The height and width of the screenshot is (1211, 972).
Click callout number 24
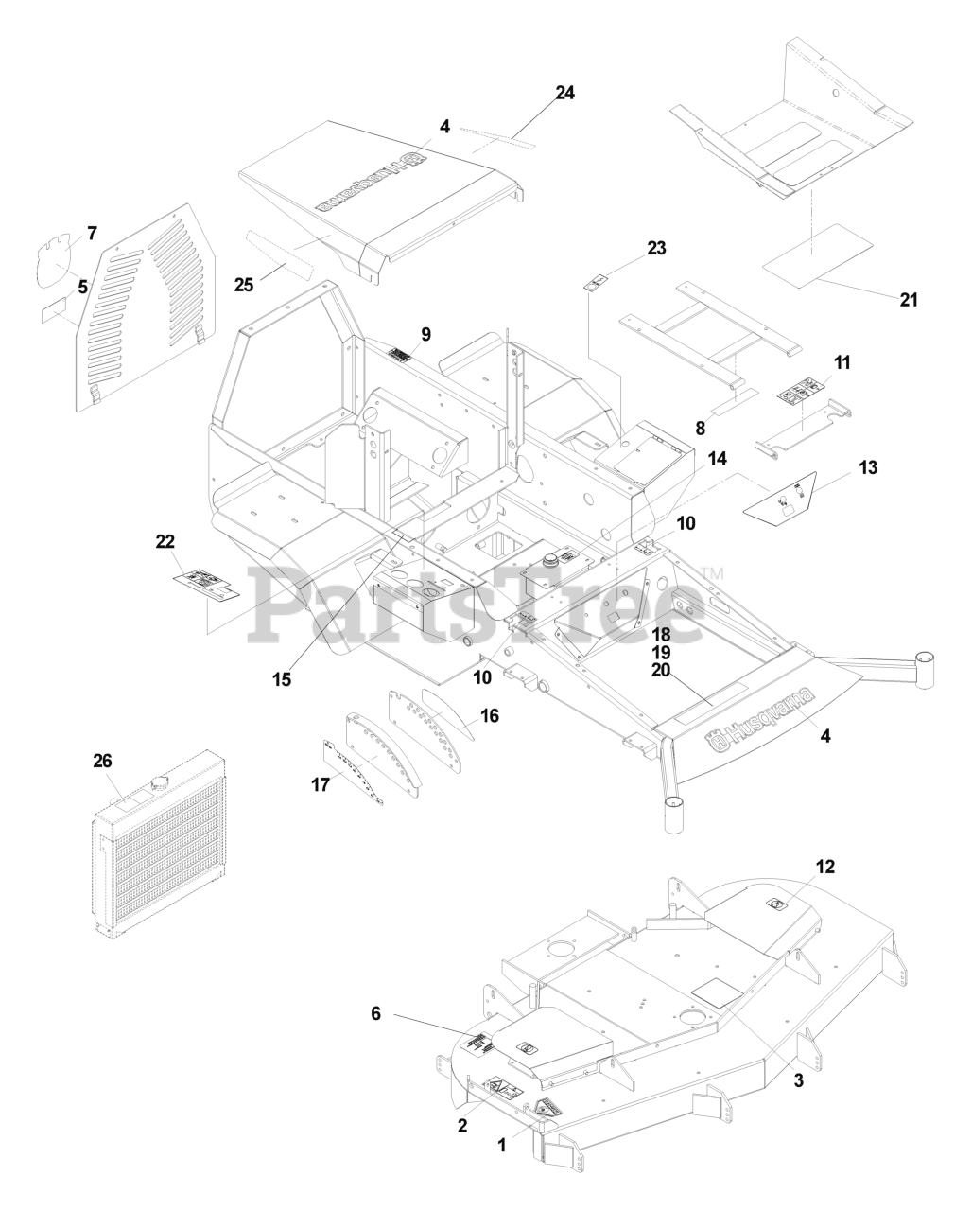click(564, 93)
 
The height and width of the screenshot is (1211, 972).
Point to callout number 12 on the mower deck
click(825, 866)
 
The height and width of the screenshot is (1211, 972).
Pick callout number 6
click(375, 1013)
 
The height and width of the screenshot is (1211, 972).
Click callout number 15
click(282, 678)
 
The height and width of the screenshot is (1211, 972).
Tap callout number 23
click(656, 249)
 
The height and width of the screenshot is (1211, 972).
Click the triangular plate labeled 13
click(781, 499)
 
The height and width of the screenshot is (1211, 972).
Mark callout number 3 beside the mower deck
click(798, 1081)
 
